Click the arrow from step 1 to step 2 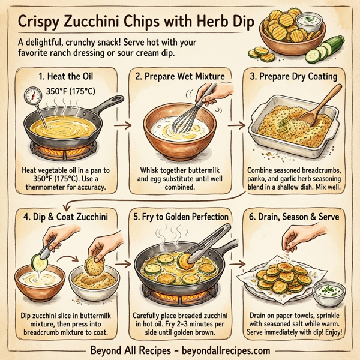(123, 125)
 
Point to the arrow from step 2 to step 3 (238, 125)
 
